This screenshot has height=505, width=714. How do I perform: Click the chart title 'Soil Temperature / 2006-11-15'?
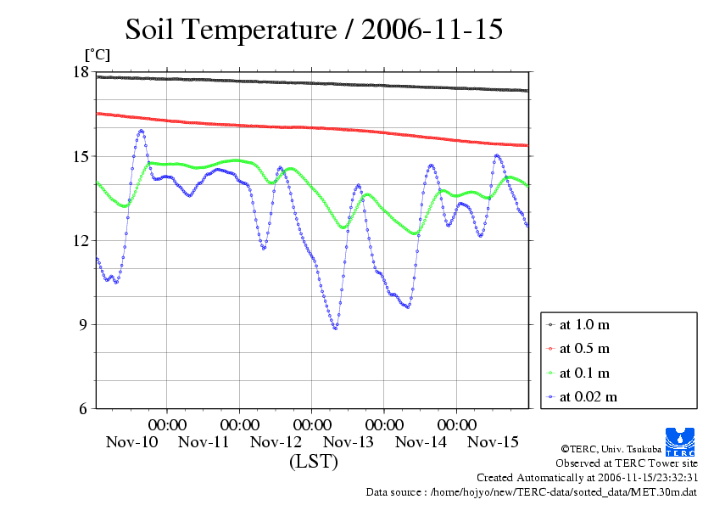[314, 30]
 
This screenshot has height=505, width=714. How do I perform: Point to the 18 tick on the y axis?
[81, 72]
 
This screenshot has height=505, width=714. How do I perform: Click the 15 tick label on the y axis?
[81, 156]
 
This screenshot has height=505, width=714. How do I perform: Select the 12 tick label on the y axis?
[81, 240]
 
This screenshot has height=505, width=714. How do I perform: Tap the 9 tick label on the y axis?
[85, 324]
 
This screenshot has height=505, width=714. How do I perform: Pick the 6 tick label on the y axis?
[85, 408]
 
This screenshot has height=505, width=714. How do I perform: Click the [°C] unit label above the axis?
[97, 55]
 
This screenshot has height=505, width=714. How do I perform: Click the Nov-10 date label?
[132, 442]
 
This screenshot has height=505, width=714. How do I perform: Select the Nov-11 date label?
[204, 442]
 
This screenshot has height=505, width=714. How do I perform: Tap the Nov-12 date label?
[276, 442]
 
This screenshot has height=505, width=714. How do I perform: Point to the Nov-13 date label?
[349, 442]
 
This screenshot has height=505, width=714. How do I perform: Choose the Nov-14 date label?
[421, 442]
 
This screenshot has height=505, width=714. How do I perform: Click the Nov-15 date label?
[494, 442]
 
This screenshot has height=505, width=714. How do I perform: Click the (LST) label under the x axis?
[313, 463]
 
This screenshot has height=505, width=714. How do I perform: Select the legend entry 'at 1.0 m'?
[585, 325]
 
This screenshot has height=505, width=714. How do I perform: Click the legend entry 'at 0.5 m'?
[585, 349]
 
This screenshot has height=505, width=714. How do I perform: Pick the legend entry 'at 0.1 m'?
[585, 373]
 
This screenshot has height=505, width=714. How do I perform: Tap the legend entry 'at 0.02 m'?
[588, 396]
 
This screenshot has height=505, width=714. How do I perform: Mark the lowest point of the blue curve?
[335, 328]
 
